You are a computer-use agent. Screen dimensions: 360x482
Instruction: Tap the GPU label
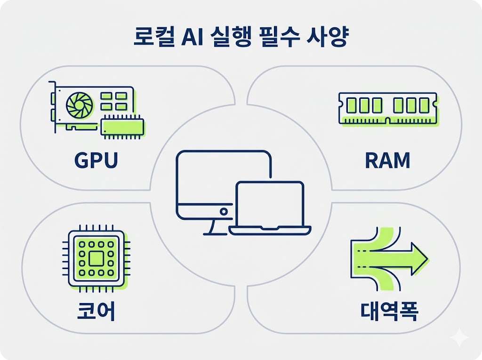click(x=96, y=160)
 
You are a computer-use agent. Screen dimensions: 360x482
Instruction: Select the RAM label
click(x=387, y=160)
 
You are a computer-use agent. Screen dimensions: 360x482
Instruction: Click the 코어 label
click(x=96, y=311)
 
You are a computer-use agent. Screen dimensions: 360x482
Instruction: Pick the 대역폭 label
click(x=389, y=311)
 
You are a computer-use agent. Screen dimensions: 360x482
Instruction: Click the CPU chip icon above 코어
click(x=96, y=258)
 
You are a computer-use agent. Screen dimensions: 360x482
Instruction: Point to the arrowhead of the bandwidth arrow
click(x=417, y=258)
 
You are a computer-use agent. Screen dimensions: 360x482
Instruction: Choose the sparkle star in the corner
click(x=458, y=338)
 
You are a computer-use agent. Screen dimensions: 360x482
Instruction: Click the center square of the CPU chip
click(x=96, y=258)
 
